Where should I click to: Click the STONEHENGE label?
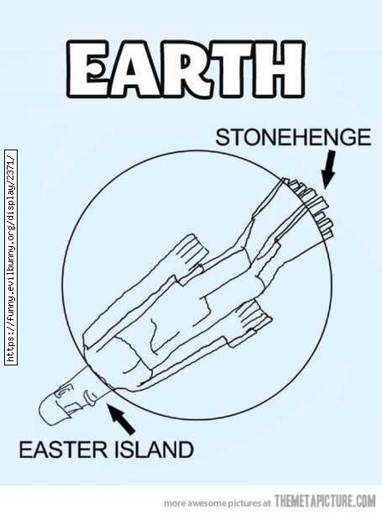pos(293,137)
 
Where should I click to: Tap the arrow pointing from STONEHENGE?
pos(329,169)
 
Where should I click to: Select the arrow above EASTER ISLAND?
pos(121,418)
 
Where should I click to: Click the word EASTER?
pos(63,449)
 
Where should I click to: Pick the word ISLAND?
pos(154,449)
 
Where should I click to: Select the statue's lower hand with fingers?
pos(254,321)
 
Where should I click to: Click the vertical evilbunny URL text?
pos(11,257)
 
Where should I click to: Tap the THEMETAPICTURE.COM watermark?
pos(325,502)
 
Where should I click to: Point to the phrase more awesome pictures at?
pos(217,502)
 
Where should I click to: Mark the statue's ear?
pos(62,392)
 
